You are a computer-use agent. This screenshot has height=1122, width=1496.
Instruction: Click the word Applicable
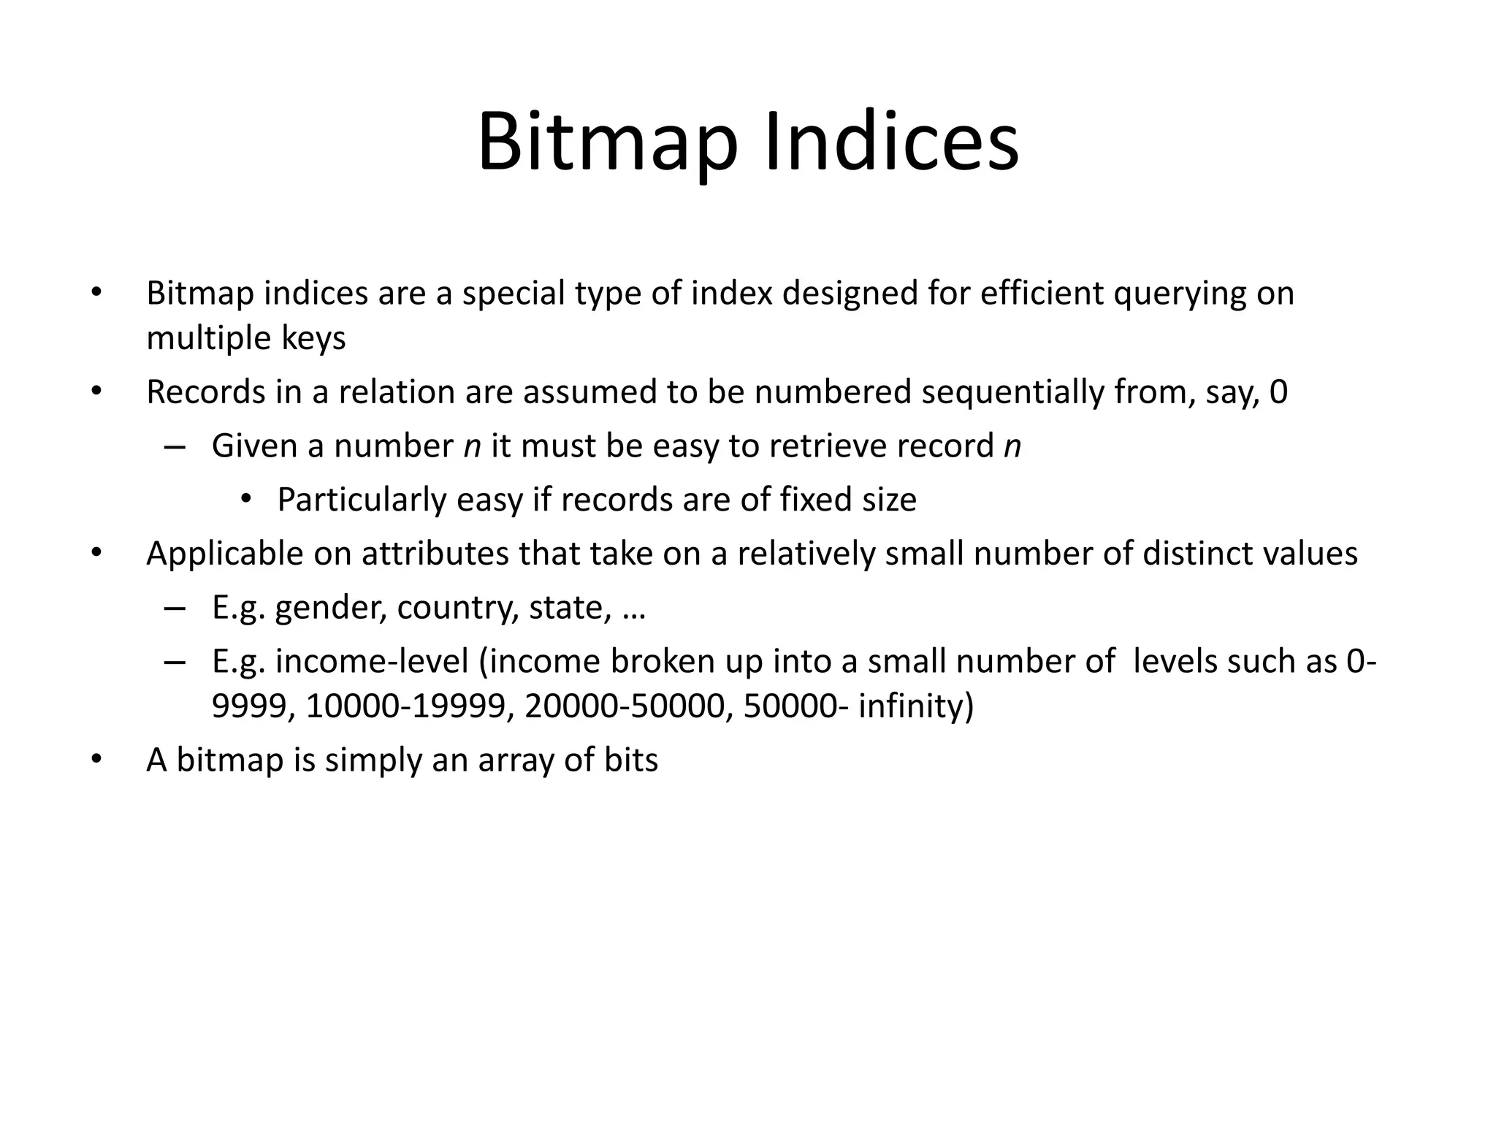[224, 554]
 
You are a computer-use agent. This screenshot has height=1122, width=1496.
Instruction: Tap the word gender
[330, 608]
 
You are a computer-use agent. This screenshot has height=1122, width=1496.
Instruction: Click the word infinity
[916, 706]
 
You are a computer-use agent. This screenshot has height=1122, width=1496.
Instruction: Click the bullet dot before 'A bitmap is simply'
[95, 760]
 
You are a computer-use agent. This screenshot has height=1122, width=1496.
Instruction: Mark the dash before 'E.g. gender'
[175, 608]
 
